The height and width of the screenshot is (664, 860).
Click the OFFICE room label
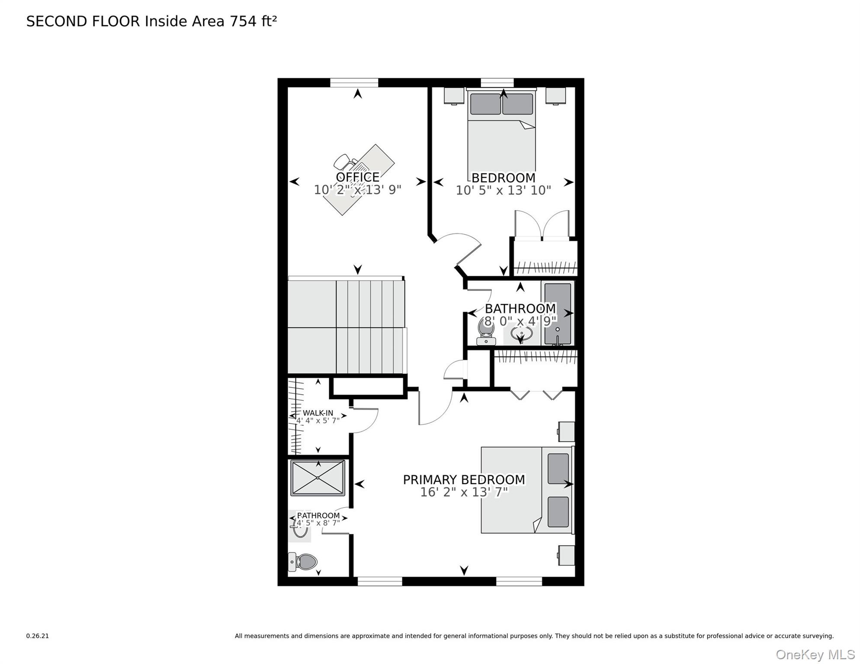click(x=357, y=177)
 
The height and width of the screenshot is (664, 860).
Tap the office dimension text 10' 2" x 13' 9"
click(x=357, y=190)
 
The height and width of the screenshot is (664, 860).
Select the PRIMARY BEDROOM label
click(x=464, y=480)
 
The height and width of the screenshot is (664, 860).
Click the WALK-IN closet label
click(x=318, y=413)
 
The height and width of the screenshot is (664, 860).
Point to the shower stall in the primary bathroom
click(x=318, y=478)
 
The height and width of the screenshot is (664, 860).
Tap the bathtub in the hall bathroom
click(x=558, y=313)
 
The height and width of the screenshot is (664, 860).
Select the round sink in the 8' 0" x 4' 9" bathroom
click(x=521, y=334)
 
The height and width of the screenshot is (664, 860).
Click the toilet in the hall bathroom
click(x=486, y=331)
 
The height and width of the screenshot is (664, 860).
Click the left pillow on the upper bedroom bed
click(x=485, y=104)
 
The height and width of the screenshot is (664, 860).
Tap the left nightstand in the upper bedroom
click(x=454, y=96)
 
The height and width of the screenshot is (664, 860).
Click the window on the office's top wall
click(x=354, y=83)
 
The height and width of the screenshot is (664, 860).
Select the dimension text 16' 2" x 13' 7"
click(x=464, y=492)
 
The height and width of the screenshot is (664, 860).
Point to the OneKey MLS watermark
click(x=815, y=655)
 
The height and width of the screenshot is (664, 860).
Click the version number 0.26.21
click(x=38, y=636)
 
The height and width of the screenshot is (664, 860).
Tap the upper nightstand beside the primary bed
click(x=566, y=431)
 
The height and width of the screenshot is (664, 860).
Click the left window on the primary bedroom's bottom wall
click(x=380, y=581)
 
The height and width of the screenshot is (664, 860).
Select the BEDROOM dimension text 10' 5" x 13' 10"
click(x=503, y=190)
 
